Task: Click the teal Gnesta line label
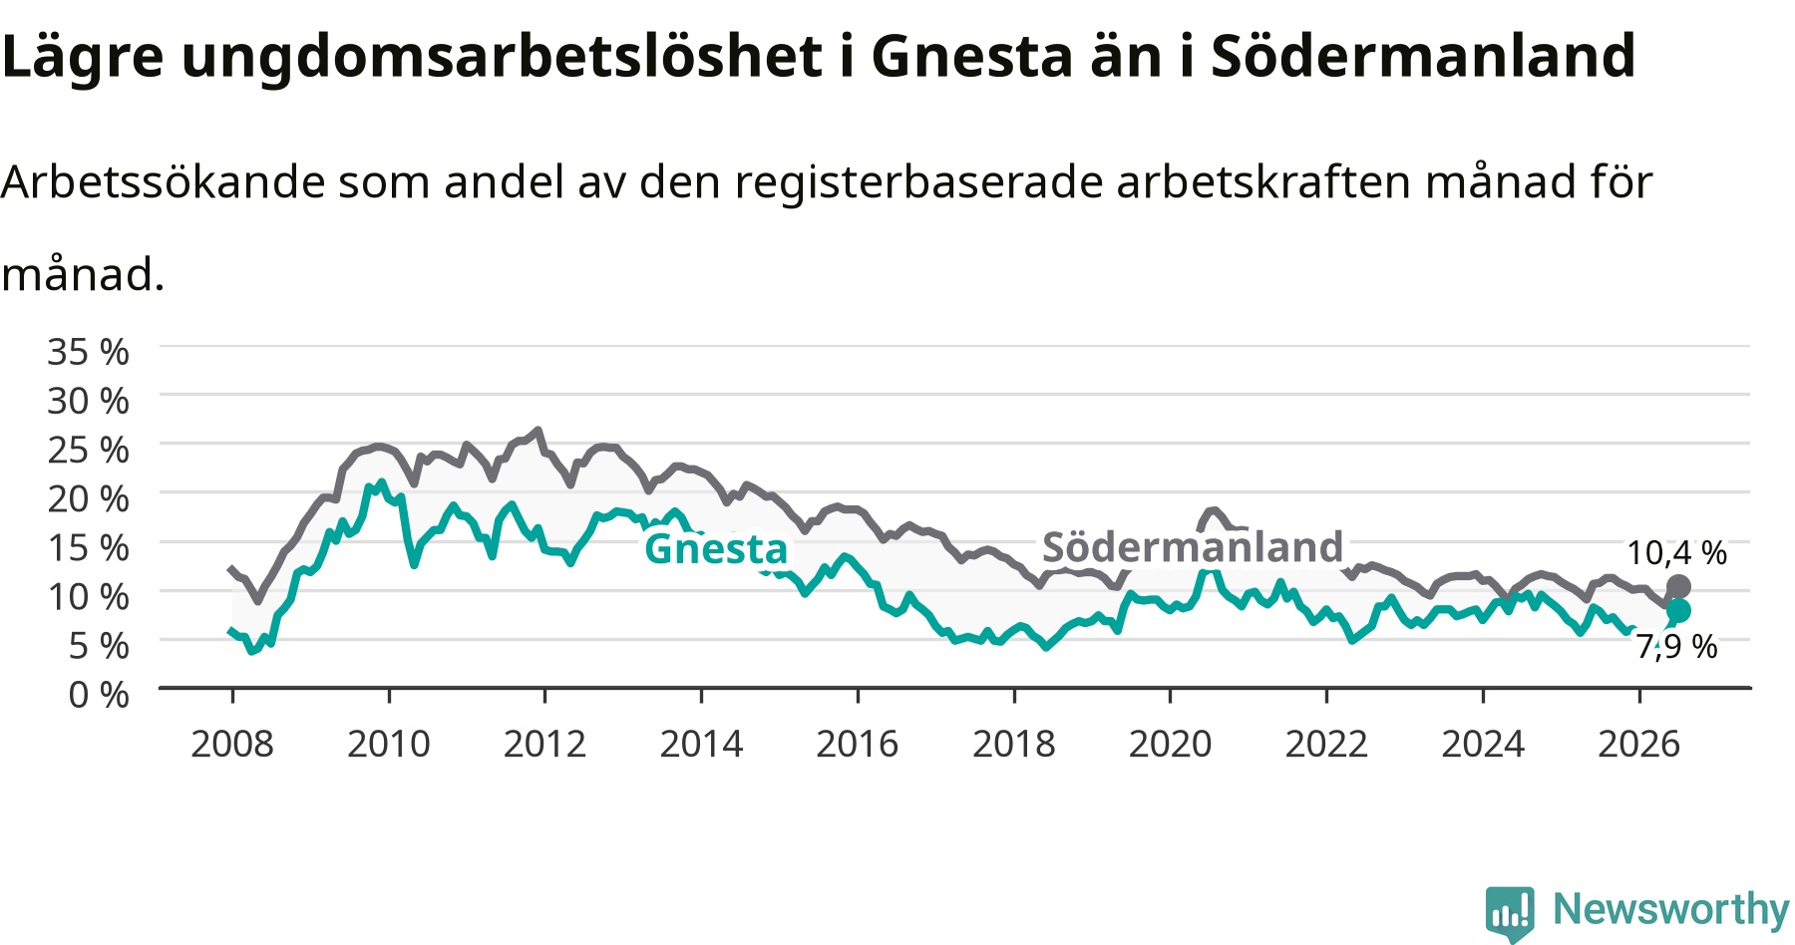click(x=716, y=548)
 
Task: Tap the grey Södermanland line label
click(x=1193, y=546)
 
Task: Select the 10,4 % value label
click(x=1677, y=552)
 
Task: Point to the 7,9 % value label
click(x=1677, y=646)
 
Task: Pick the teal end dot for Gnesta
click(x=1678, y=610)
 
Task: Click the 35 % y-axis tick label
click(x=89, y=352)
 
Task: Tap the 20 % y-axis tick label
click(x=89, y=498)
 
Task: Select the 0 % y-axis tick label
click(x=99, y=694)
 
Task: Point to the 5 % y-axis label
click(x=99, y=645)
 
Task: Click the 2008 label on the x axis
click(x=232, y=744)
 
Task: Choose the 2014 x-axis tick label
click(x=702, y=744)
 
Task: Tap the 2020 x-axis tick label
click(x=1171, y=744)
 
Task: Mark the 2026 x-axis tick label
click(x=1639, y=744)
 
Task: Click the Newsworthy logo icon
click(x=1510, y=913)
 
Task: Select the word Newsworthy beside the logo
click(x=1671, y=909)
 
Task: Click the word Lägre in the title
click(x=83, y=57)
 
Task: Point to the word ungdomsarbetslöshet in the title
click(x=503, y=57)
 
